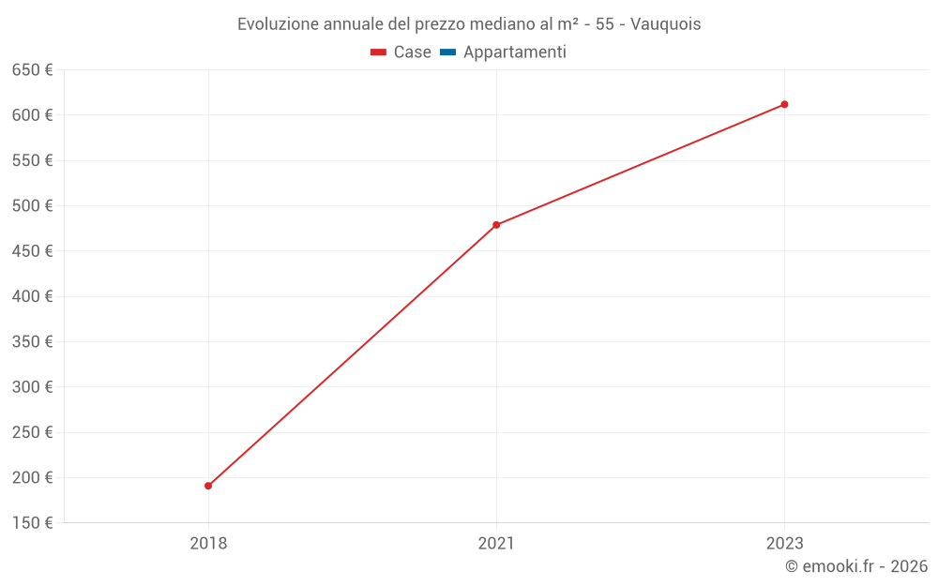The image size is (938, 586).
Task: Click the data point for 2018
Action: pos(208,486)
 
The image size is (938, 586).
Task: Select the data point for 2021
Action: pos(496,225)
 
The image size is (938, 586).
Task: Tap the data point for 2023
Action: pos(784,104)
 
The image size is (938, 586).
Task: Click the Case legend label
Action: pos(412,53)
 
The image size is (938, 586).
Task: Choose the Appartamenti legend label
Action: pos(514,53)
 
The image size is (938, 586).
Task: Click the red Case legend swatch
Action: pos(379,53)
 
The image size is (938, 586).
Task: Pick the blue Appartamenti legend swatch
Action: pos(447,53)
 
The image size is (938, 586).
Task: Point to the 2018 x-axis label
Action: pos(208,543)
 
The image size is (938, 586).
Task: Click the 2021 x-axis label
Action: pos(496,543)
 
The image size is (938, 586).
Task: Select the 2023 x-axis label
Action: pos(784,543)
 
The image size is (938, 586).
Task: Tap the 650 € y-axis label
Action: pos(32,70)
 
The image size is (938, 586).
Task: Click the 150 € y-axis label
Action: pos(32,522)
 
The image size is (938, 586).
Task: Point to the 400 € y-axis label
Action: pos(32,296)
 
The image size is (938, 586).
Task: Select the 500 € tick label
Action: pos(32,205)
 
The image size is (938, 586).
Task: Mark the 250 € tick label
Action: pos(32,432)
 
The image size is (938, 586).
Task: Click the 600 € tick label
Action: pos(32,115)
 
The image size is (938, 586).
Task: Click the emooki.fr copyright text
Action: pos(856,566)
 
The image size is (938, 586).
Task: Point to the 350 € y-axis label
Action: pos(32,341)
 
